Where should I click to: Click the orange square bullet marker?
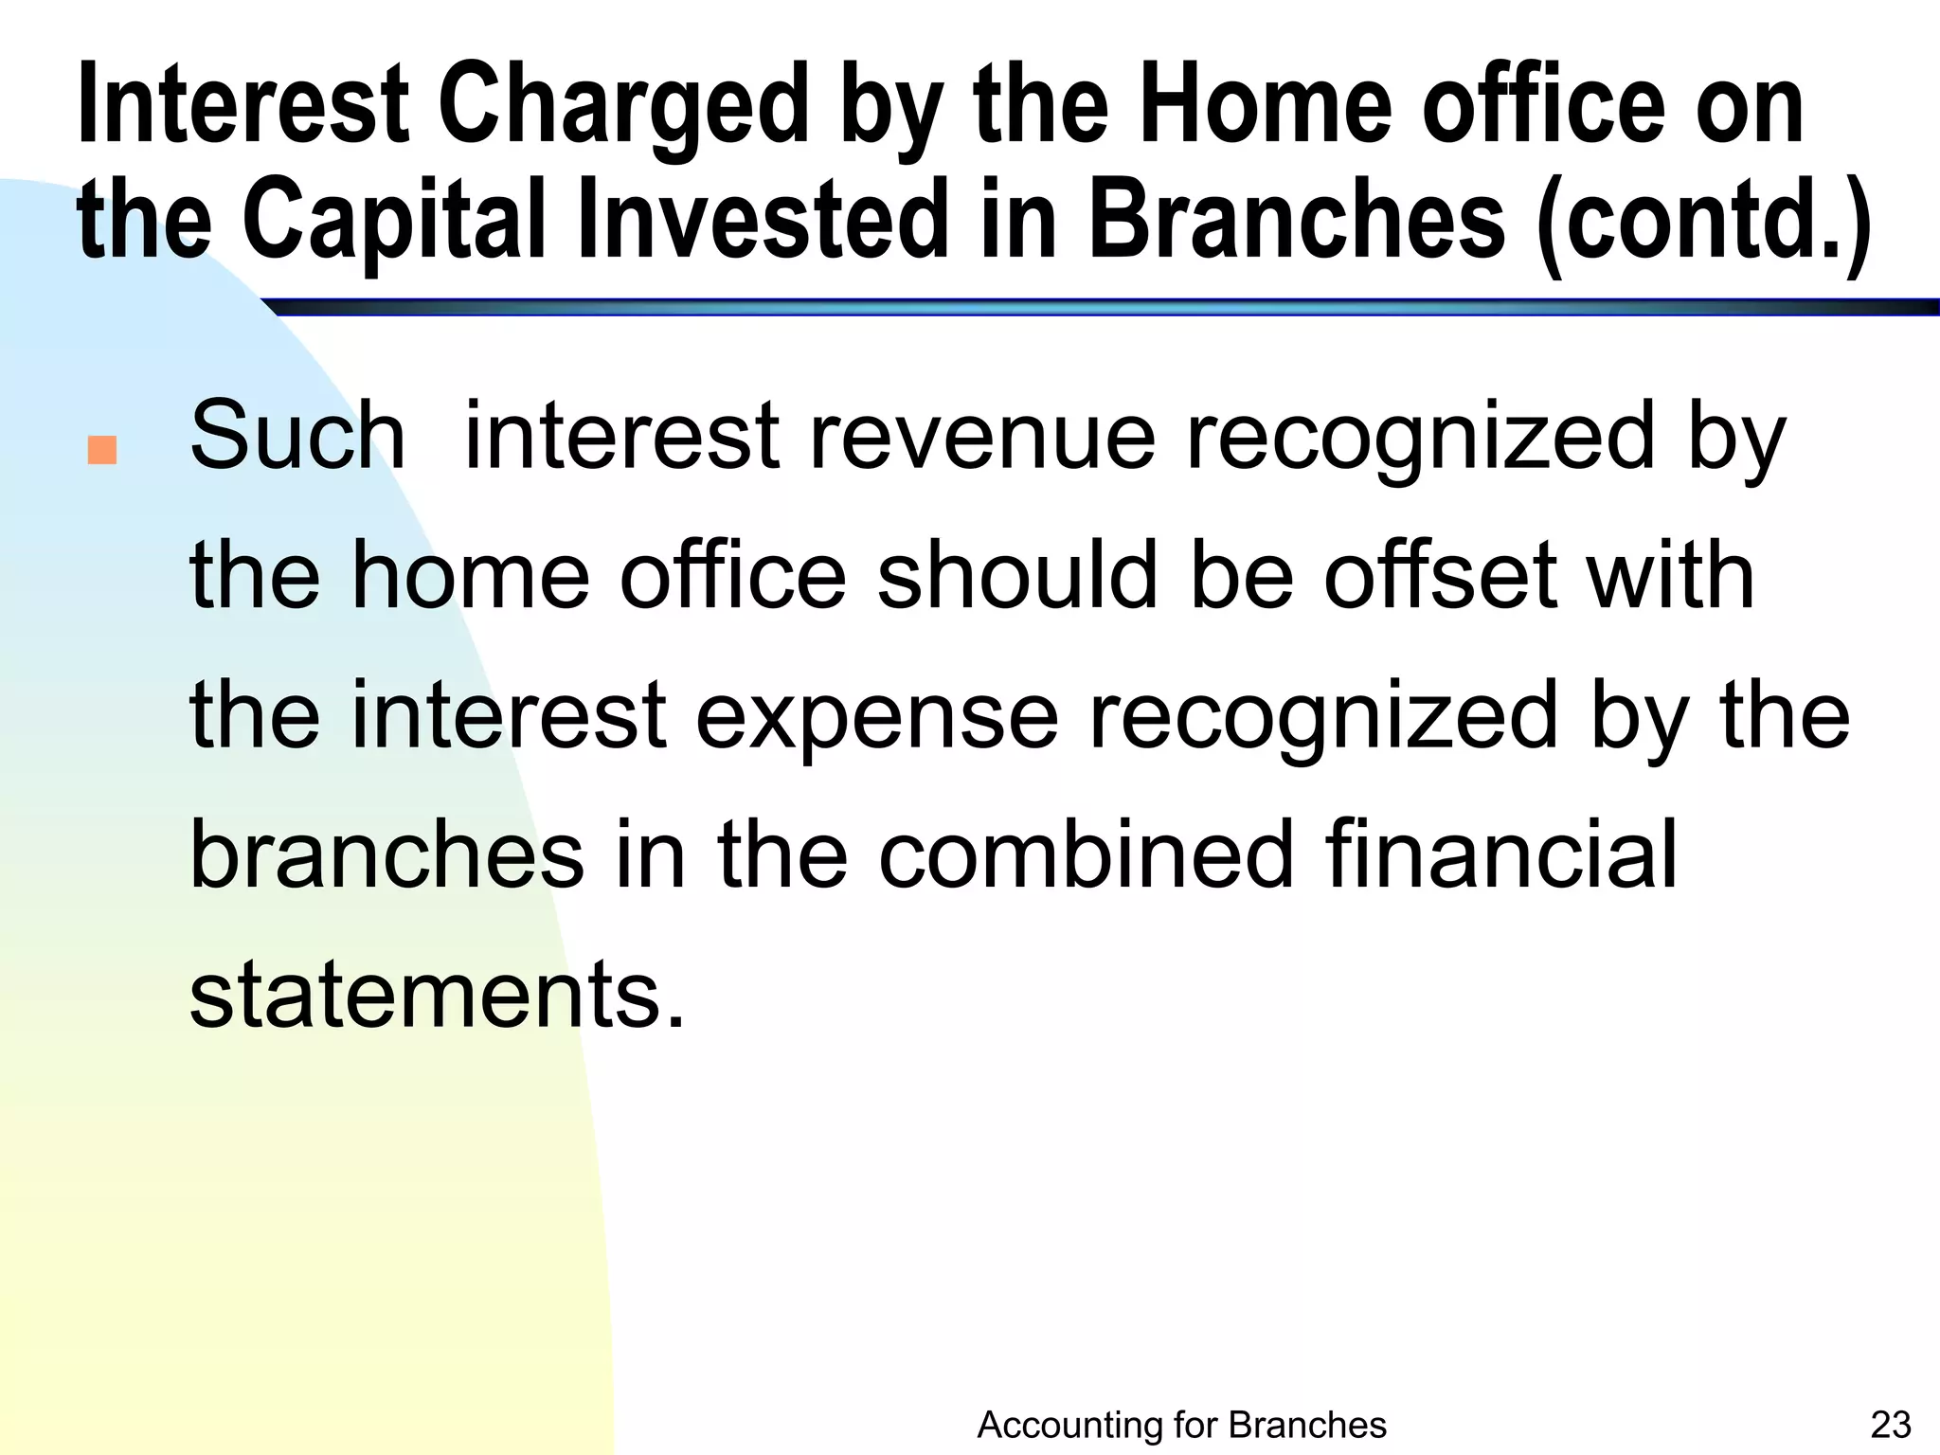tap(101, 450)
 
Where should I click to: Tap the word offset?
tap(1439, 575)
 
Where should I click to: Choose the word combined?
tap(1086, 853)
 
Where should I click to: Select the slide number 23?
tap(1891, 1425)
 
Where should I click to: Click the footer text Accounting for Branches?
tap(1181, 1425)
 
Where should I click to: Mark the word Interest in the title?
tap(242, 106)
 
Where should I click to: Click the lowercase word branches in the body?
tap(386, 853)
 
